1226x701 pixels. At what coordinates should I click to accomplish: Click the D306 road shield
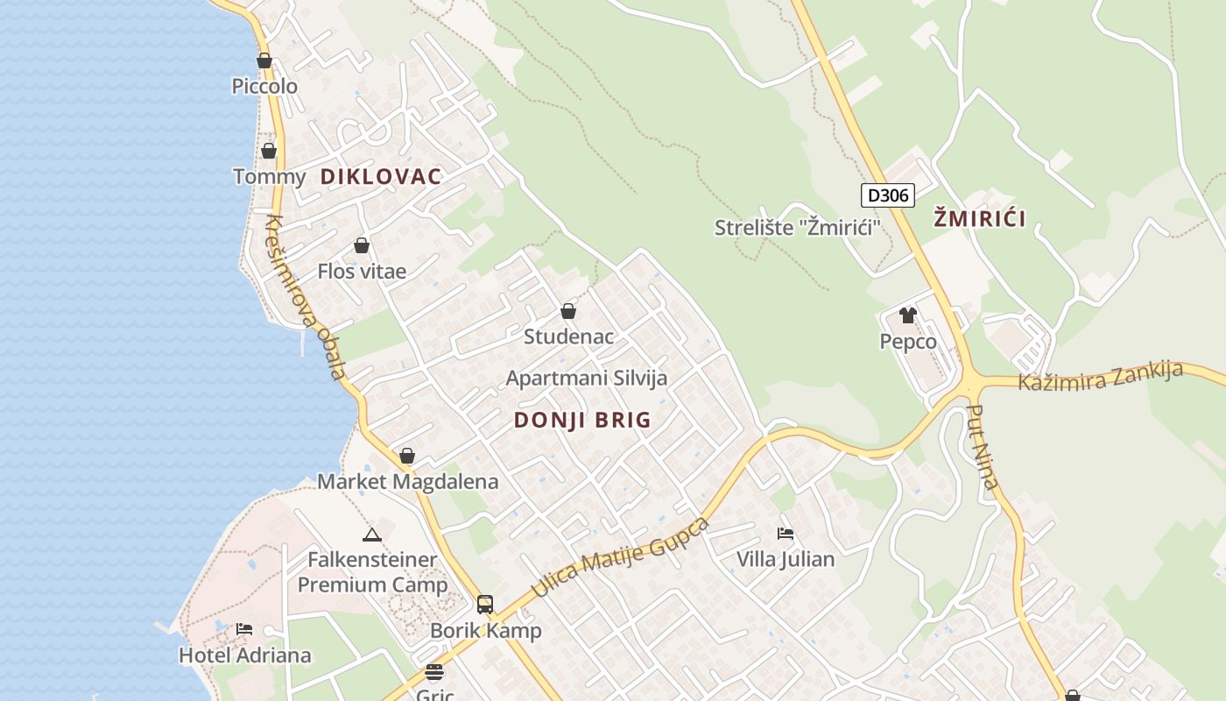click(x=887, y=195)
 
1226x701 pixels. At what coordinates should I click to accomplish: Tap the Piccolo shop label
click(x=264, y=86)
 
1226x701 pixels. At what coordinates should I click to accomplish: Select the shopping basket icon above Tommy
click(x=269, y=151)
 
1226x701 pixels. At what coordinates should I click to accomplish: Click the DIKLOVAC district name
click(x=381, y=176)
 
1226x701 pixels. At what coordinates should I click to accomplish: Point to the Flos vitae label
click(x=362, y=271)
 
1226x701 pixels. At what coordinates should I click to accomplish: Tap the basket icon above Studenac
click(x=568, y=311)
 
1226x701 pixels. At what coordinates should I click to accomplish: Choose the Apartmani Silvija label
click(x=587, y=378)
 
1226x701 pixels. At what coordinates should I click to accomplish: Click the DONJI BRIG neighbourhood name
click(x=582, y=420)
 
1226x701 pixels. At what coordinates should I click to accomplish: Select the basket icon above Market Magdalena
click(x=406, y=456)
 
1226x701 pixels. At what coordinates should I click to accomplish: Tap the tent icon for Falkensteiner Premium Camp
click(x=371, y=535)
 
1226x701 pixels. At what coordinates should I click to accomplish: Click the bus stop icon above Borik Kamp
click(x=484, y=604)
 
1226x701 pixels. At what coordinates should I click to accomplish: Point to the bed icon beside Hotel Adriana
click(x=244, y=629)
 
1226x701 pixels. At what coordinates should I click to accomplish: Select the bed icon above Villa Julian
click(x=786, y=533)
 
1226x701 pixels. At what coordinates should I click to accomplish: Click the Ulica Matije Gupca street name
click(x=620, y=557)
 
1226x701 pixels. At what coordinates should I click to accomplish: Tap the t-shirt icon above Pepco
click(x=907, y=315)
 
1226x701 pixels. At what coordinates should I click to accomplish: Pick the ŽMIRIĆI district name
click(x=979, y=218)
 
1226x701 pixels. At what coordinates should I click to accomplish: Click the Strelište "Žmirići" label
click(x=797, y=228)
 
